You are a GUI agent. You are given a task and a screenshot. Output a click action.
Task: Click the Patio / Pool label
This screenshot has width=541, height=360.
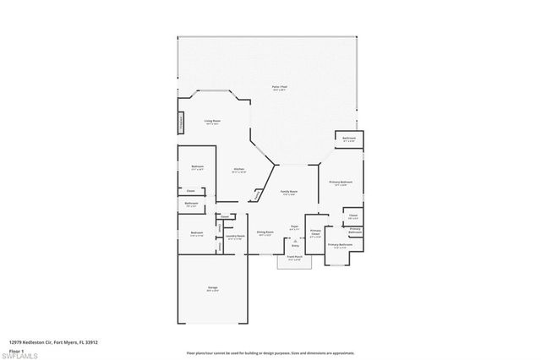276,88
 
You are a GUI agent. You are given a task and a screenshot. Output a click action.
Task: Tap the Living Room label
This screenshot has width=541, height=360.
212,121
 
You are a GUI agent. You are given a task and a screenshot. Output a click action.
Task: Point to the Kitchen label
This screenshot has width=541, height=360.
239,169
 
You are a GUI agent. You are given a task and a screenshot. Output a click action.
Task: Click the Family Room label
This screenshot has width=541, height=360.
288,192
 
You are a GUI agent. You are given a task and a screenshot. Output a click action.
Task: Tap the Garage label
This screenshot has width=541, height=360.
212,290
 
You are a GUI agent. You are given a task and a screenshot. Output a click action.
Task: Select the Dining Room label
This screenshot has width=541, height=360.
264,232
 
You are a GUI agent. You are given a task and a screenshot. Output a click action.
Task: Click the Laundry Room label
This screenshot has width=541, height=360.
236,236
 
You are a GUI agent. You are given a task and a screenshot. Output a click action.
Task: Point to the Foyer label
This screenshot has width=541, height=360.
295,226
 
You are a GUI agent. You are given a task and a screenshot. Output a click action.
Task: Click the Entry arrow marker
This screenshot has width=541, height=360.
295,245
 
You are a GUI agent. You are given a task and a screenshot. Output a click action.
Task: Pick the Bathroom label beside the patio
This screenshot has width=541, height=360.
348,138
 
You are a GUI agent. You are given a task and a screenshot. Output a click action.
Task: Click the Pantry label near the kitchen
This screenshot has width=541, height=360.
258,196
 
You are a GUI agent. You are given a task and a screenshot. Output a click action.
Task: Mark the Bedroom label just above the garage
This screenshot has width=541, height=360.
197,233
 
